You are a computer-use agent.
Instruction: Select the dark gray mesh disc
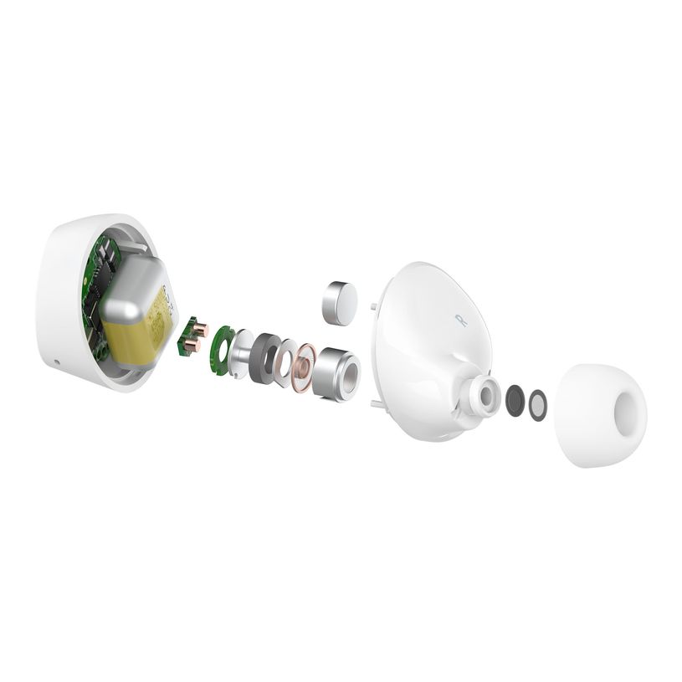(515, 400)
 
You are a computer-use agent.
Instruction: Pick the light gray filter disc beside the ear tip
(537, 405)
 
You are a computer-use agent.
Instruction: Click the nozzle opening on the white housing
(484, 391)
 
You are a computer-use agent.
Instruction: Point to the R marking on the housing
(459, 318)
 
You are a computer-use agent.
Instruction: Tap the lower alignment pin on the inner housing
(370, 407)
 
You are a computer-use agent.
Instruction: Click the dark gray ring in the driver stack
(265, 356)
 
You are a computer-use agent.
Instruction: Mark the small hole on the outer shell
(55, 362)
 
